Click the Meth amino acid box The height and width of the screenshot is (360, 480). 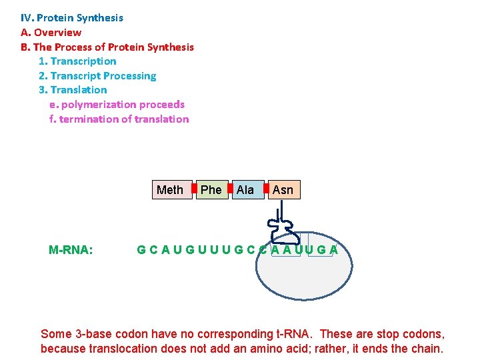(169, 190)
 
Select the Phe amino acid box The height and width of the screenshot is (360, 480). (211, 190)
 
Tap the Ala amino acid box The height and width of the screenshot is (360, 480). (245, 190)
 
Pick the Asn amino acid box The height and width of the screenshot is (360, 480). (283, 190)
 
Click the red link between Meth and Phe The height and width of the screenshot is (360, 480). (194, 189)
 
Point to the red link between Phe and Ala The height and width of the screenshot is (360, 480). (229, 189)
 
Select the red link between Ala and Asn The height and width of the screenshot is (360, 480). (266, 189)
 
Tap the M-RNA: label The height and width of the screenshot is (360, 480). (71, 250)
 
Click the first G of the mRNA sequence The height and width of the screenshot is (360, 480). (141, 250)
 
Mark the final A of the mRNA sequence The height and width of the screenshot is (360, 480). (333, 250)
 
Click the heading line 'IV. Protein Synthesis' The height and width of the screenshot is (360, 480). (72, 18)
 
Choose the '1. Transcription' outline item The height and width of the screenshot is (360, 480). (77, 61)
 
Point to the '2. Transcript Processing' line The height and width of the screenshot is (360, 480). (97, 76)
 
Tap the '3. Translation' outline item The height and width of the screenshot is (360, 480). (73, 90)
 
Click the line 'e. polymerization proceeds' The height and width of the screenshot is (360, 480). (117, 105)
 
